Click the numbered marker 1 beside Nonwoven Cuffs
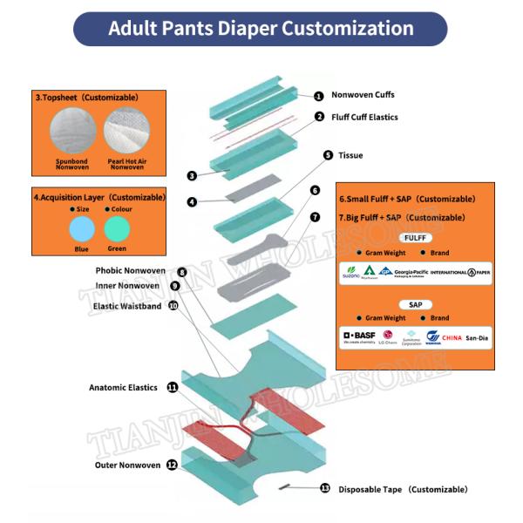click(x=319, y=96)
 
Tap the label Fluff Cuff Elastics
click(x=364, y=117)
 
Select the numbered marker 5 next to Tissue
click(x=328, y=155)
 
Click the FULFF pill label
click(x=416, y=237)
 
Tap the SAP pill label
click(x=416, y=304)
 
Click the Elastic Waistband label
click(x=127, y=306)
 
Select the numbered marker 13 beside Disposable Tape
click(x=325, y=489)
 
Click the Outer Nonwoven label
click(x=127, y=465)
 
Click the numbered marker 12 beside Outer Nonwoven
click(x=172, y=465)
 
